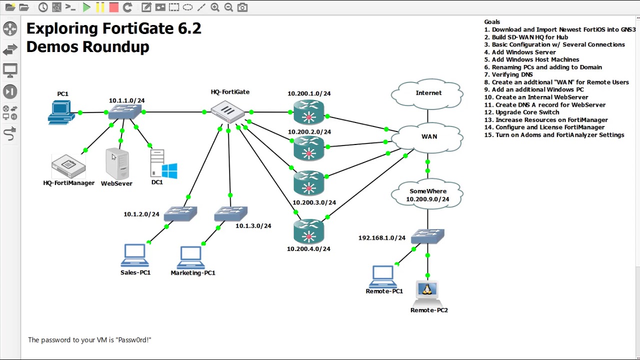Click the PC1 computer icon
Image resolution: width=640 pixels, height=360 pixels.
click(x=61, y=112)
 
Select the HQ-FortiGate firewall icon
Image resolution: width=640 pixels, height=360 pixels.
click(x=227, y=111)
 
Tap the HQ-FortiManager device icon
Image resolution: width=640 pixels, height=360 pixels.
click(x=68, y=166)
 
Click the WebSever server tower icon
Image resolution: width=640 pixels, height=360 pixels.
click(x=117, y=164)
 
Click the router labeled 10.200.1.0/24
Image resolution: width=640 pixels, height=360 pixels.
click(x=308, y=112)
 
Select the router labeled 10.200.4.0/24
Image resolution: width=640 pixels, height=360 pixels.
click(x=308, y=231)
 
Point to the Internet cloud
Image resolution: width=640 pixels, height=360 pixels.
click(x=428, y=93)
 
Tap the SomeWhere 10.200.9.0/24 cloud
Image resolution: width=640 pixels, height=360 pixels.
click(x=428, y=195)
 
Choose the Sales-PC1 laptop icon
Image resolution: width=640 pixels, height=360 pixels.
click(x=134, y=256)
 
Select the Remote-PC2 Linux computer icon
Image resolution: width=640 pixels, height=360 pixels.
click(x=427, y=292)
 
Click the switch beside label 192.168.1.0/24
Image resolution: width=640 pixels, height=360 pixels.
click(x=427, y=236)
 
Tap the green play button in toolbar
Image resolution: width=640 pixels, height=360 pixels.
click(x=86, y=7)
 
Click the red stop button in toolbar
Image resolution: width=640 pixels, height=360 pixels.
click(x=113, y=7)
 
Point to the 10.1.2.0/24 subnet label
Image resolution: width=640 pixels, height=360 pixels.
click(x=141, y=214)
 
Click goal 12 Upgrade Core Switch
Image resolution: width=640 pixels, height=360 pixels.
click(x=527, y=112)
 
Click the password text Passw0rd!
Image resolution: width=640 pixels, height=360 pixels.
click(x=133, y=340)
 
